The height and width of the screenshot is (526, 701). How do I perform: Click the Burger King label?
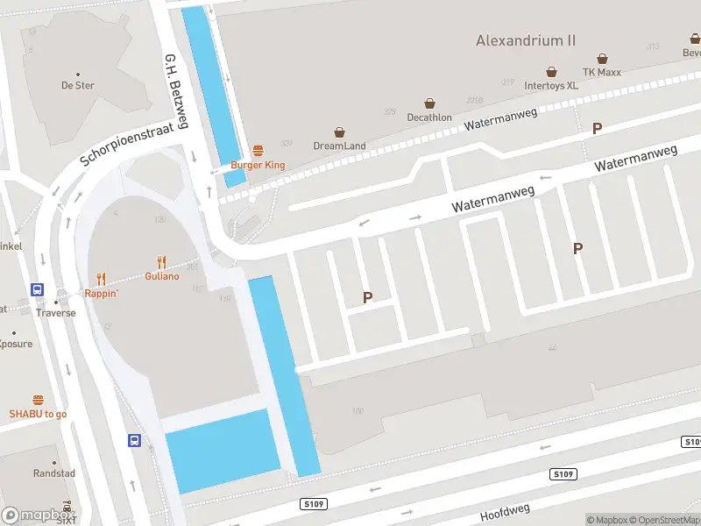pos(258,165)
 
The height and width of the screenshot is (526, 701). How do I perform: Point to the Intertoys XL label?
pos(551,86)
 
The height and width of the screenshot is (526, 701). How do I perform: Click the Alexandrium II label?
pos(526,40)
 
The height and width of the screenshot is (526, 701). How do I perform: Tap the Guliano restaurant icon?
pos(161,262)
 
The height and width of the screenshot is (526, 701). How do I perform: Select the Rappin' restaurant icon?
pos(102,280)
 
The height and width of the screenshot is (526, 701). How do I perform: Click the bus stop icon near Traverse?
pos(38,289)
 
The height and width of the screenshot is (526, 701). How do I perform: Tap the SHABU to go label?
pos(38,414)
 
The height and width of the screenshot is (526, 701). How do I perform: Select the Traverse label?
pos(55,313)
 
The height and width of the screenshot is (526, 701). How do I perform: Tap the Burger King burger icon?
pos(258,151)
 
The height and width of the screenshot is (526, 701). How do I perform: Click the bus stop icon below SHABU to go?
pos(135,441)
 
